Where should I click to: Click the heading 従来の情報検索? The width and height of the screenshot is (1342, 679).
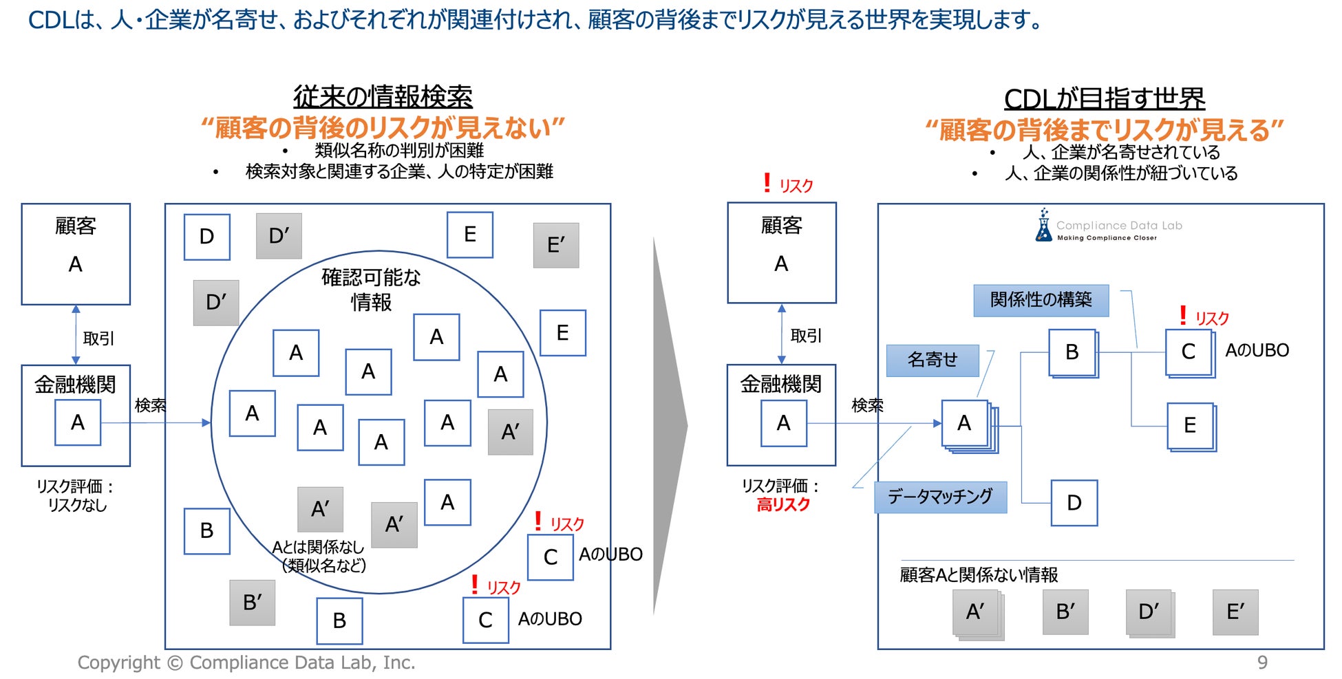pos(383,97)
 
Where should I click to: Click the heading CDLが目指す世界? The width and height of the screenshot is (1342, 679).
pos(1104,99)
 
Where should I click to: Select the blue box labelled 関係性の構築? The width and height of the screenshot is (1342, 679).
pos(1041,300)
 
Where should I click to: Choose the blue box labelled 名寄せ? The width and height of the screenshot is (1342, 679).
pos(932,360)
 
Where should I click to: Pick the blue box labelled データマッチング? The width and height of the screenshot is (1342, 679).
pos(940,497)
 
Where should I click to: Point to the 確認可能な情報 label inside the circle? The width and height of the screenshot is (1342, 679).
pos(371,290)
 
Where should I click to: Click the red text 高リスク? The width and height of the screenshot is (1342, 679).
pos(783,505)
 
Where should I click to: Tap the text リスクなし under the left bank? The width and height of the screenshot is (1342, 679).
pos(77,505)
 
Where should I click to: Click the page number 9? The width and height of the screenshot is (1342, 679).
pos(1262,662)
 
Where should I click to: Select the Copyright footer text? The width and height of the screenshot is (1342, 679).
pos(246,662)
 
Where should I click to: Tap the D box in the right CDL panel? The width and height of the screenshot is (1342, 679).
pos(1074,503)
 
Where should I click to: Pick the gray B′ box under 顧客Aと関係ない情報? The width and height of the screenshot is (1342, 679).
pos(1065,612)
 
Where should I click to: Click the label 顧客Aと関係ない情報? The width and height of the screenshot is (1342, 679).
pos(979,574)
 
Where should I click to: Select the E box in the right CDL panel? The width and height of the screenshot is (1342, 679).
pos(1190,426)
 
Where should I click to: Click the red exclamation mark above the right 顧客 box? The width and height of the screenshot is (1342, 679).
pos(767,183)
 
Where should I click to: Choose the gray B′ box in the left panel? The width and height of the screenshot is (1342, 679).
pos(253,603)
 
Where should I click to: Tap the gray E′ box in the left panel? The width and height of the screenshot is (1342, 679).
pos(555,245)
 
